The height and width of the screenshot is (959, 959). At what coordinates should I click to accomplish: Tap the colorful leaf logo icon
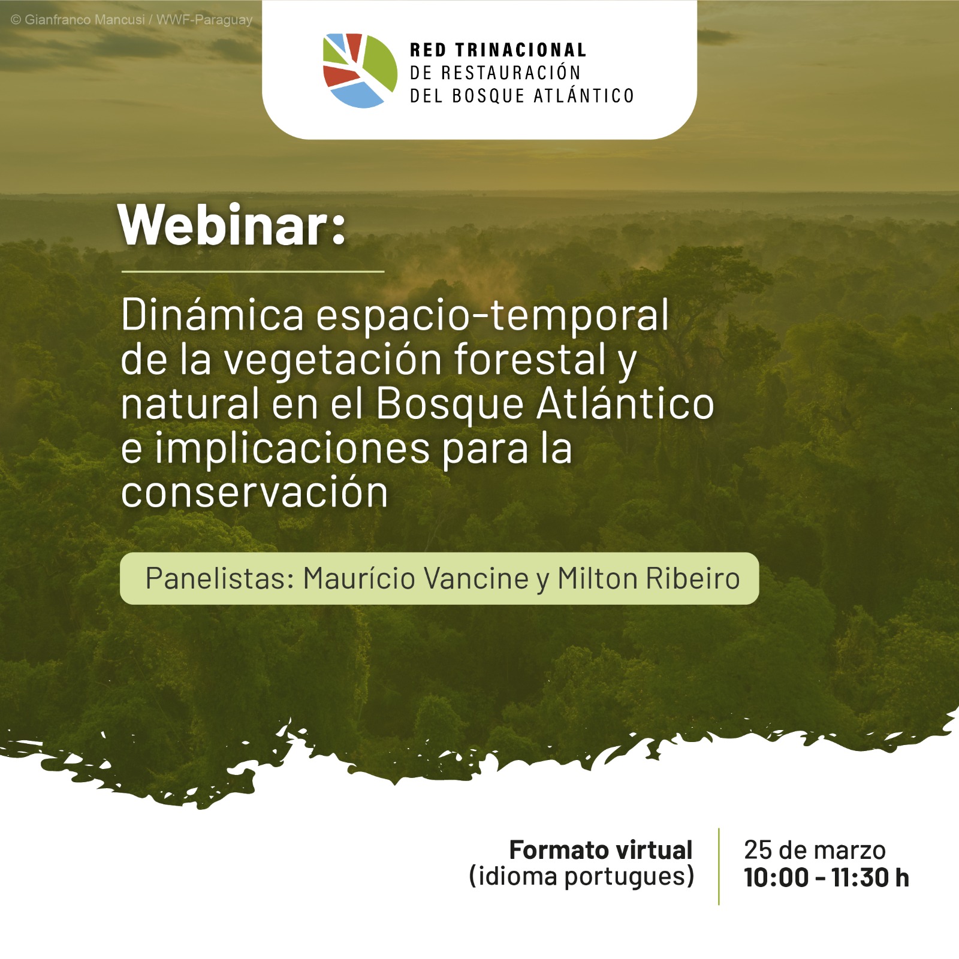[x=360, y=71]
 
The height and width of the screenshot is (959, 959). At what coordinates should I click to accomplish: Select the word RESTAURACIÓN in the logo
[x=511, y=73]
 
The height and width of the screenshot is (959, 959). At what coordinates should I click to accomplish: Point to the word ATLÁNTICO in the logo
[x=583, y=95]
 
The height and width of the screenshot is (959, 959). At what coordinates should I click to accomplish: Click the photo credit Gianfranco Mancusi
[x=84, y=20]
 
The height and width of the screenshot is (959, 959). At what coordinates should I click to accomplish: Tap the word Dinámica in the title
[x=213, y=315]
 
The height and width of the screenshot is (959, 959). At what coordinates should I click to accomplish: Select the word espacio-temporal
[x=493, y=316]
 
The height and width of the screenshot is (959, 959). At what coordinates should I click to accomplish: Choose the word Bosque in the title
[x=450, y=405]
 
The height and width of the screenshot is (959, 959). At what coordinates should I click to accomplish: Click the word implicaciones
[x=292, y=449]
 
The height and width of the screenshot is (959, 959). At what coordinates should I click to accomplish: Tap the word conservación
[x=255, y=493]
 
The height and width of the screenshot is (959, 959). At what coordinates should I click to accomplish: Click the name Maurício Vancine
[x=416, y=578]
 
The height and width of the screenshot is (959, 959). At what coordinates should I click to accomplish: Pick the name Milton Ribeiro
[x=649, y=578]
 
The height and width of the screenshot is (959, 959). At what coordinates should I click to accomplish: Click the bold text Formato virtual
[x=601, y=850]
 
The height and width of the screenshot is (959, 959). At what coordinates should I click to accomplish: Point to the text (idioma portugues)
[x=581, y=877]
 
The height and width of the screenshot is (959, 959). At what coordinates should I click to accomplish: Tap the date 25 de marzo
[x=815, y=850]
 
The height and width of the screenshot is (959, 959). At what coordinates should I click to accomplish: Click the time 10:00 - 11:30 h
[x=827, y=877]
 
